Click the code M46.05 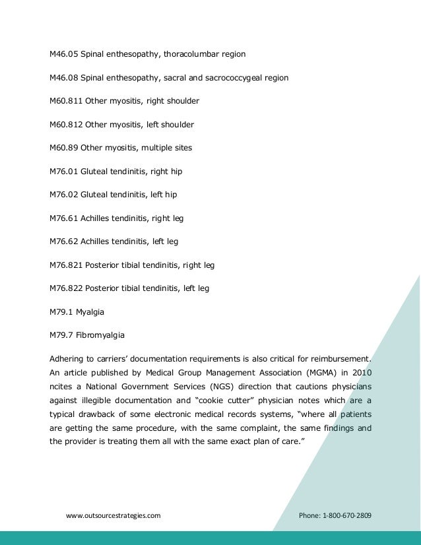click(x=63, y=53)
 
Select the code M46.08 click(x=63, y=77)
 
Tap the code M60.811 click(x=65, y=101)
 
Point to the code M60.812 click(x=65, y=125)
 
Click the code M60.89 click(x=63, y=148)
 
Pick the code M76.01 click(x=63, y=172)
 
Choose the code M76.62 click(x=63, y=242)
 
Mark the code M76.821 click(x=65, y=265)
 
